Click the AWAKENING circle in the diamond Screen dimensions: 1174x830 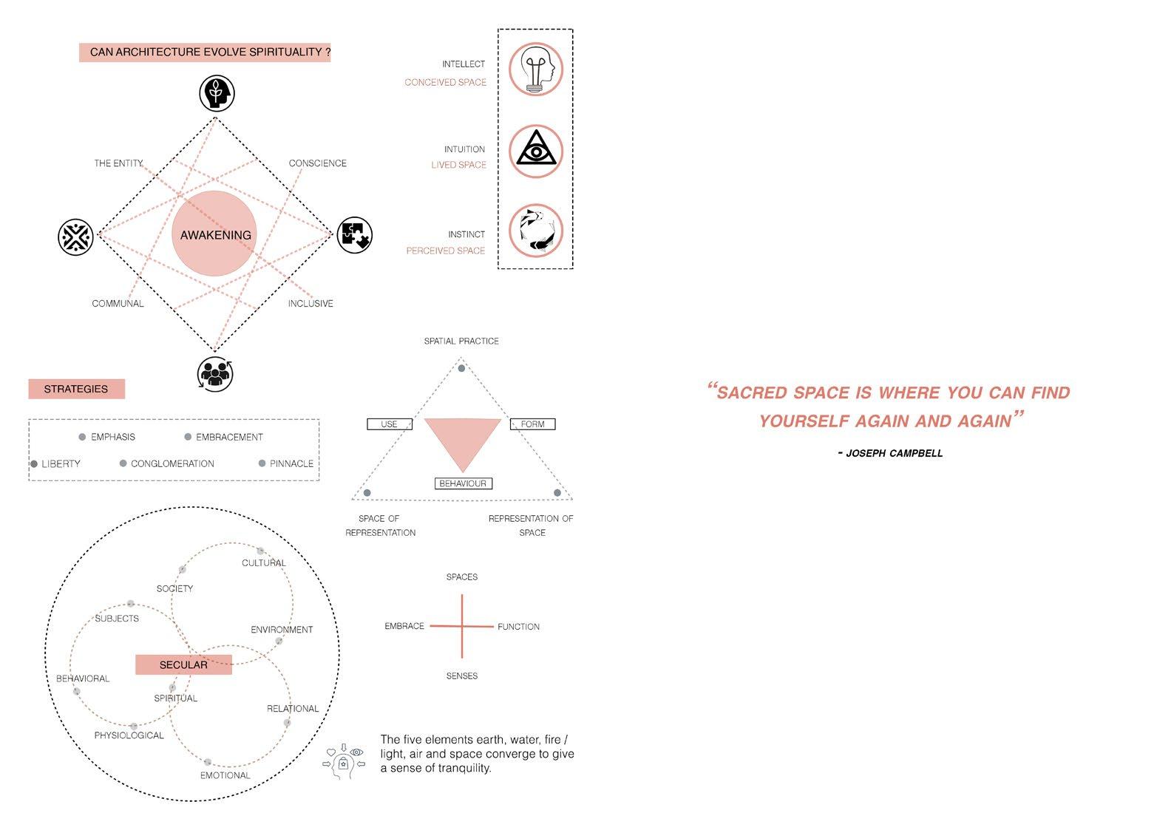pyautogui.click(x=215, y=234)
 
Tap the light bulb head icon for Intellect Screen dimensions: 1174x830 pyautogui.click(x=536, y=69)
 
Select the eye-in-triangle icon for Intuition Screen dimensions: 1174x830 pyautogui.click(x=536, y=151)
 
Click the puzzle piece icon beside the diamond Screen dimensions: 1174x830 pyautogui.click(x=355, y=235)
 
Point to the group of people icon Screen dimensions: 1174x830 pyautogui.click(x=215, y=373)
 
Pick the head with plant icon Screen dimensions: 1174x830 pyautogui.click(x=217, y=94)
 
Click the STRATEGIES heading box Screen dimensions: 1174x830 pyautogui.click(x=76, y=389)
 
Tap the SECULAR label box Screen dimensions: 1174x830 pyautogui.click(x=183, y=664)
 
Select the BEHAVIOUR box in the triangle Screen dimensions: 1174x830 pyautogui.click(x=463, y=483)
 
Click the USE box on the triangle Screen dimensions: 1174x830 pyautogui.click(x=390, y=424)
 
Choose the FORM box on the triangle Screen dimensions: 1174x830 pyautogui.click(x=532, y=424)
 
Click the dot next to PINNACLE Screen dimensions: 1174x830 pyautogui.click(x=262, y=463)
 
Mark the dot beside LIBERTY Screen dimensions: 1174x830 pyautogui.click(x=34, y=464)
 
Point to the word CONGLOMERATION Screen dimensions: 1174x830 pyautogui.click(x=172, y=463)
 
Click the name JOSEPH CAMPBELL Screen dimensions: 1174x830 pyautogui.click(x=894, y=453)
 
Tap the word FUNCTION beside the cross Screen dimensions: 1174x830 pyautogui.click(x=518, y=627)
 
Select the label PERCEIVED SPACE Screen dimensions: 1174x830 pyautogui.click(x=445, y=251)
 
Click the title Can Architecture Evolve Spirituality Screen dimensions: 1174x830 pyautogui.click(x=205, y=52)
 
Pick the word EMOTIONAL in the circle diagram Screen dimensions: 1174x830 pyautogui.click(x=225, y=775)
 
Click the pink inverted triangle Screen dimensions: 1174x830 pyautogui.click(x=463, y=439)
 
